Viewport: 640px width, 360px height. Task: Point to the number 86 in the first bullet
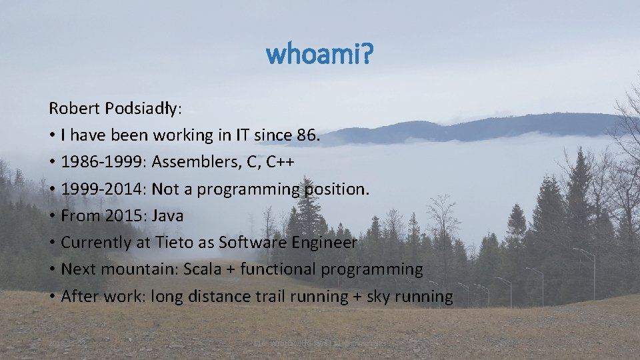[x=307, y=135]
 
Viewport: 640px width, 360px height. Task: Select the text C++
[x=282, y=163]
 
